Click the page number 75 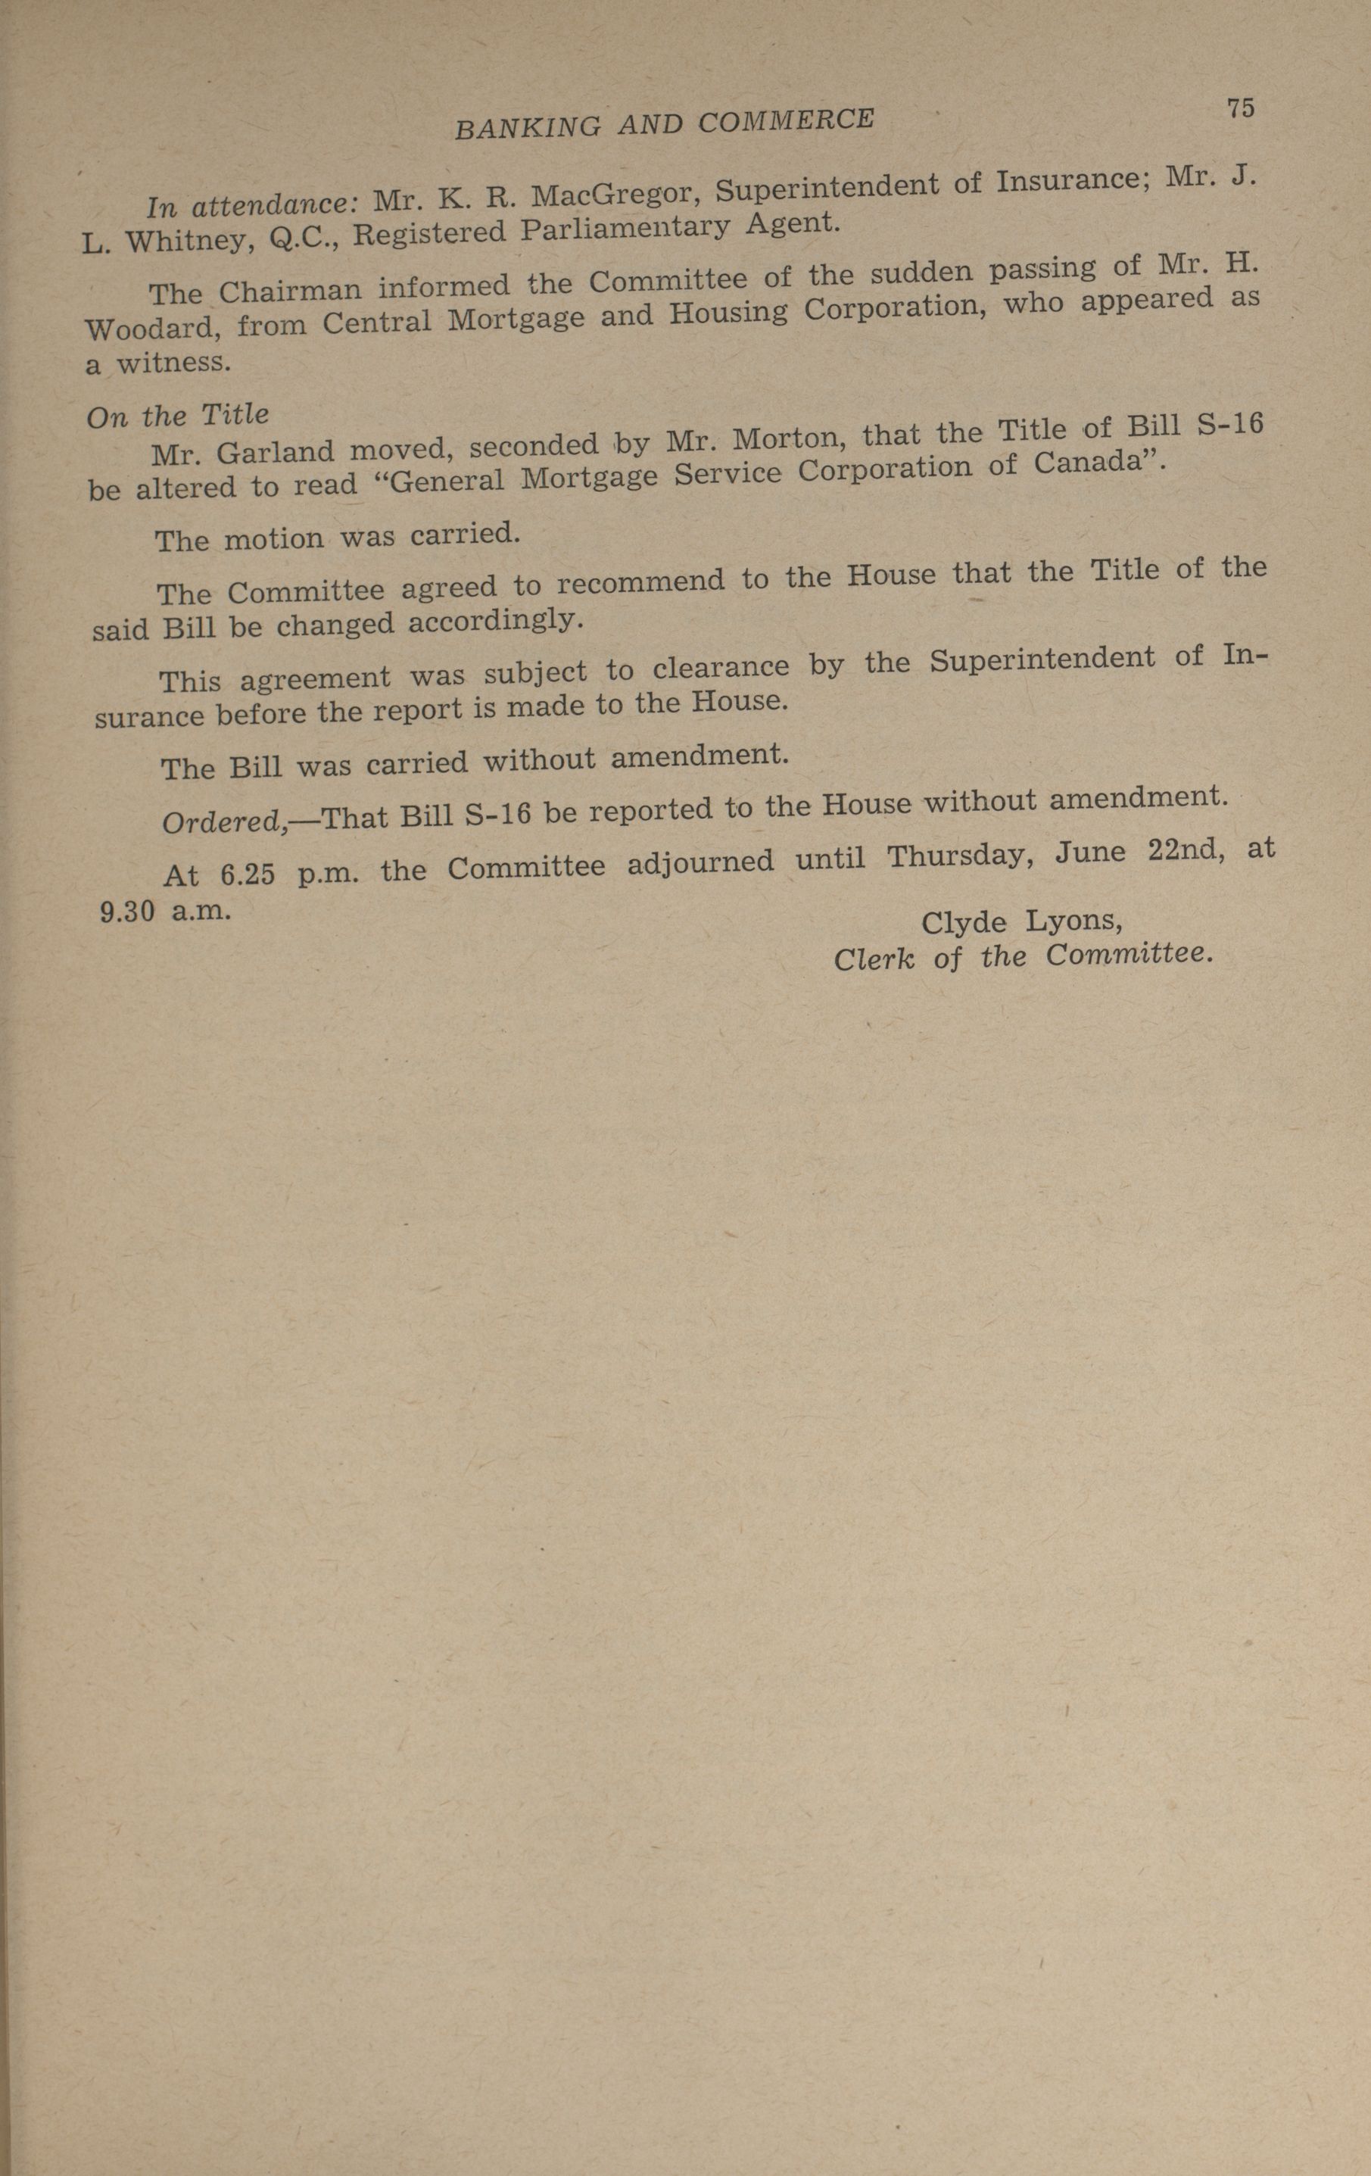[1240, 108]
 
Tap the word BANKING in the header [527, 127]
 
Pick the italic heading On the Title [178, 416]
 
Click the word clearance [720, 667]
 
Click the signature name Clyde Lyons [1021, 921]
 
